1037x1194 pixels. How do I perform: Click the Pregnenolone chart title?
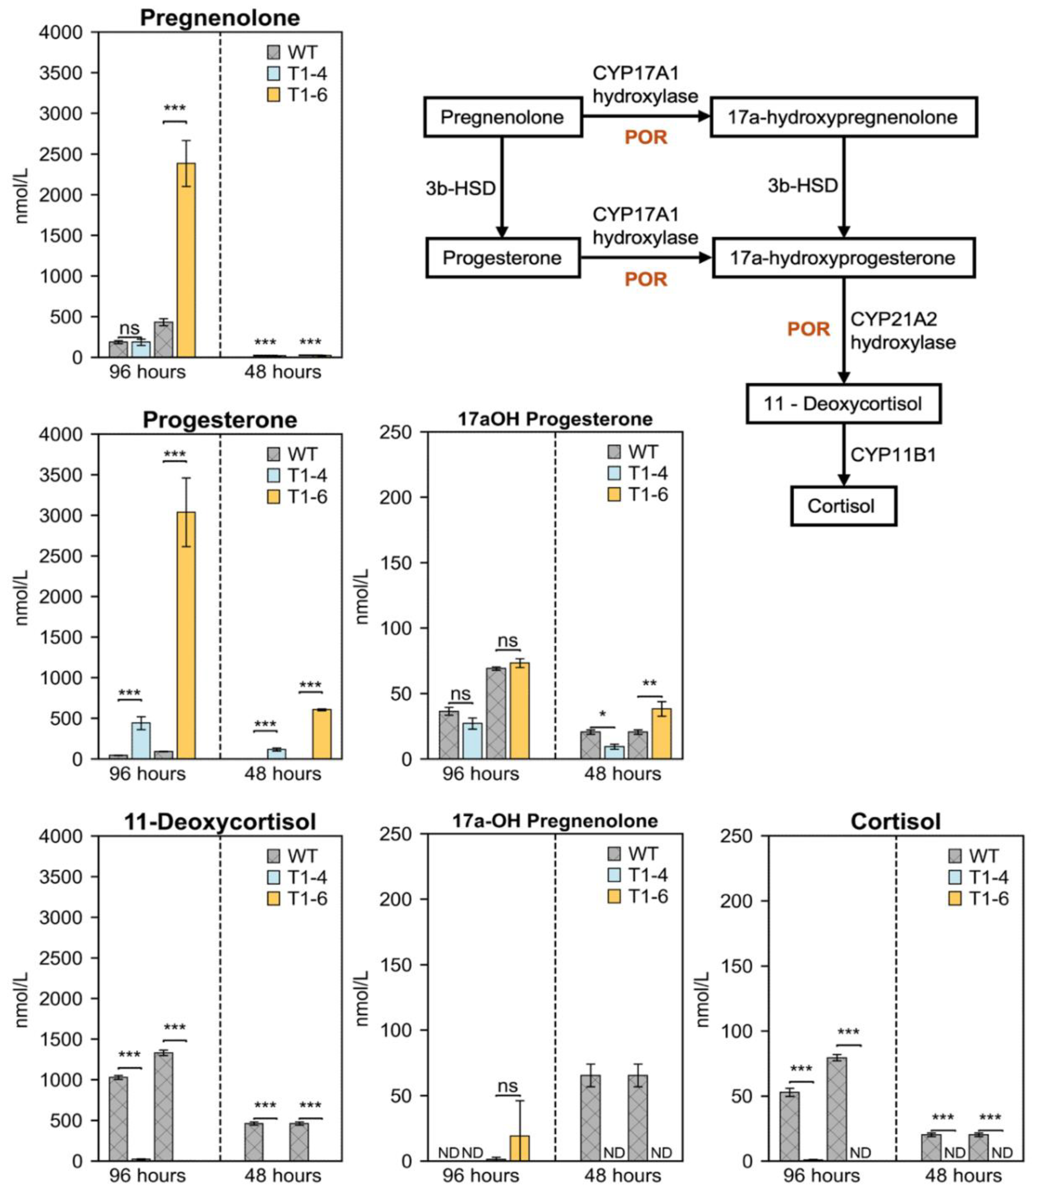tap(220, 18)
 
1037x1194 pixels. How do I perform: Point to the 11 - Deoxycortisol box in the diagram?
tap(843, 404)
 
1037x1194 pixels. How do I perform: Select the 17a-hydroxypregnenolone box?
tap(843, 117)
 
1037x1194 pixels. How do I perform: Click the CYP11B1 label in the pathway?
tap(893, 455)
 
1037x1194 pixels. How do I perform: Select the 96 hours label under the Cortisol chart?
tap(822, 1176)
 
